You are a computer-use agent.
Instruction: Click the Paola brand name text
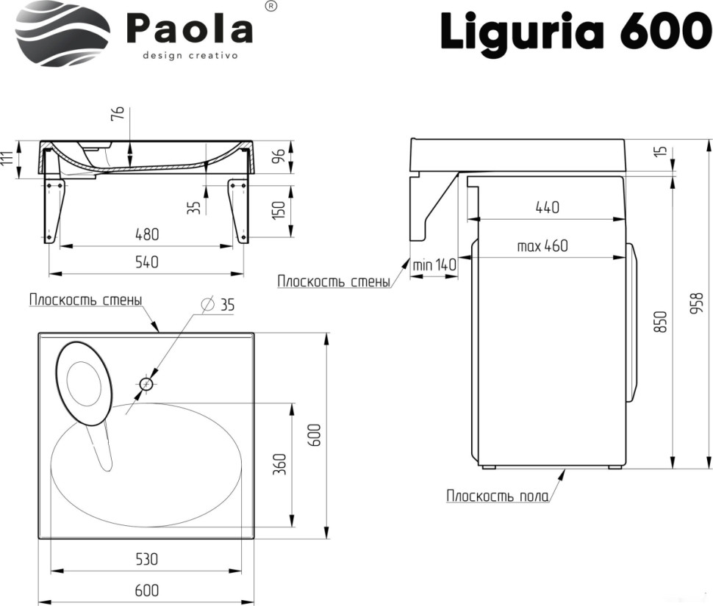coord(190,29)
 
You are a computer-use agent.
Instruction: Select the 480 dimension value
coord(147,235)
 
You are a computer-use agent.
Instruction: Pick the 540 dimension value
coord(147,261)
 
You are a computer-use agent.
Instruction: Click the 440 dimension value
coord(547,207)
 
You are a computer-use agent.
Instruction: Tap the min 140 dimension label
coord(434,264)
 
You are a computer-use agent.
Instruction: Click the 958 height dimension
coord(698,303)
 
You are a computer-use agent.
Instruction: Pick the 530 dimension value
coord(147,559)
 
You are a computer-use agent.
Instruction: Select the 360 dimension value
coord(279,464)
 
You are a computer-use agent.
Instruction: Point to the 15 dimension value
coord(661,151)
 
